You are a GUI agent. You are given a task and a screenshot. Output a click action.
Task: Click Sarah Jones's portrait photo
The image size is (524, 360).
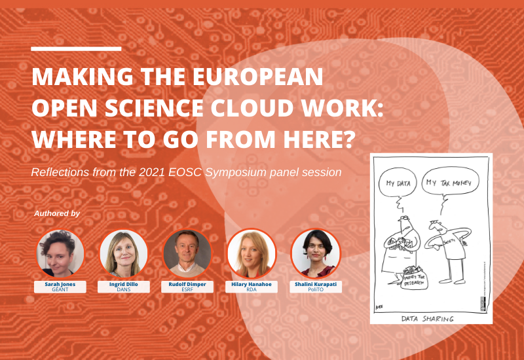60,253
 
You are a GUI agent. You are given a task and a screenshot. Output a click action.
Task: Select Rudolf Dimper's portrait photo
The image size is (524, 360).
187,253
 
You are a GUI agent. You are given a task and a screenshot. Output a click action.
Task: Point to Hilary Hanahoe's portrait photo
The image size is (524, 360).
252,253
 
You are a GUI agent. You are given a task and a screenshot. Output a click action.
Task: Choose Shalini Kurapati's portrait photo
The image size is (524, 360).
315,253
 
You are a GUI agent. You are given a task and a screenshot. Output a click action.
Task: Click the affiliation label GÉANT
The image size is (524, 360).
60,289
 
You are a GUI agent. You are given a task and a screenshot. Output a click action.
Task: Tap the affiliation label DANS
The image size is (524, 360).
124,289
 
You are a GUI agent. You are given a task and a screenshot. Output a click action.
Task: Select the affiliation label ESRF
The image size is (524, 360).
187,289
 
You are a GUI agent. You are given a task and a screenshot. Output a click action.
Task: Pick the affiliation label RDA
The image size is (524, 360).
252,289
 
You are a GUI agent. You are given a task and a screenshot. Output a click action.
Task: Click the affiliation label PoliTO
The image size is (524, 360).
315,289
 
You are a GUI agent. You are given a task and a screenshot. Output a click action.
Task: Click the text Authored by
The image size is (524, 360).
57,213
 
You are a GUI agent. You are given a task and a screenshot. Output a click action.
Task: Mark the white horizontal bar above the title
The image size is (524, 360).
76,48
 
